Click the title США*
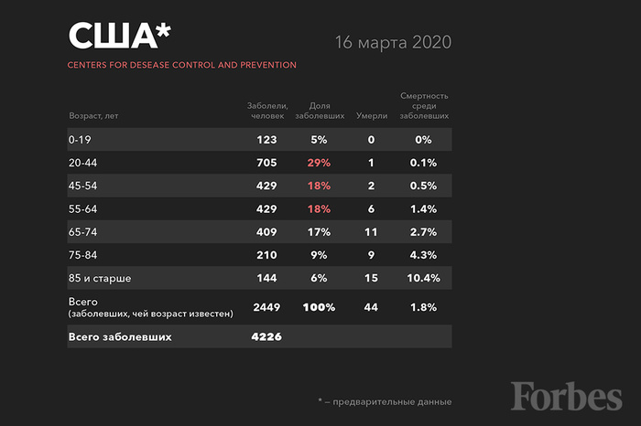coord(119,36)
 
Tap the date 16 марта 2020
coord(394,43)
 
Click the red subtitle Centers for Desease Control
coord(181,65)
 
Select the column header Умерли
coord(371,117)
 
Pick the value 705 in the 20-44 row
coord(266,163)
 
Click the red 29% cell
coord(318,163)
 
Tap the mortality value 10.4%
coord(423,278)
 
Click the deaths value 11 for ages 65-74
coord(371,232)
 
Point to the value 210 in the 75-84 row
coord(266,255)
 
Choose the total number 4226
coord(266,337)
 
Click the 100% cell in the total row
coord(319,308)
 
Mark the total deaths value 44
coord(371,308)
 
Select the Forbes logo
coord(567,395)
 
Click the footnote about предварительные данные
coord(385,401)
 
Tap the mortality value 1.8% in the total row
coord(423,308)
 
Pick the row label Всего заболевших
coord(120,337)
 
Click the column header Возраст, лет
coord(92,117)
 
